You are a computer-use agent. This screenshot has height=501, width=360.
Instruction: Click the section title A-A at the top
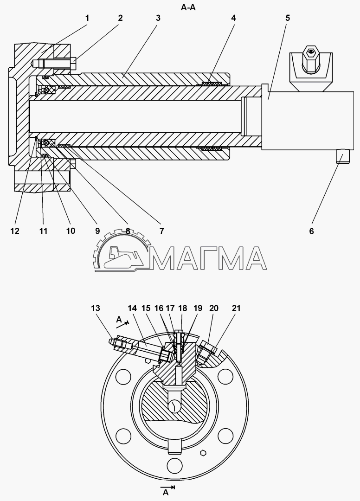tap(188, 7)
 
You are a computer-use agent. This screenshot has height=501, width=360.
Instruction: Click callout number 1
tap(87, 18)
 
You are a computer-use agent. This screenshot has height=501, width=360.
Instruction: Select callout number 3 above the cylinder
tap(158, 18)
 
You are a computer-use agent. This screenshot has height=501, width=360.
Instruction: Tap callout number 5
tap(288, 18)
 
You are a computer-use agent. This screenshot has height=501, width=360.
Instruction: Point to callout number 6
tap(311, 231)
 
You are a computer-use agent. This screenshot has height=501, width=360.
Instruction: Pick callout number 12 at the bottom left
tap(15, 231)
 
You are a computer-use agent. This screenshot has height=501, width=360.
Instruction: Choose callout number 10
tap(71, 231)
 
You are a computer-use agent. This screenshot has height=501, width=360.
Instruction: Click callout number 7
tap(161, 231)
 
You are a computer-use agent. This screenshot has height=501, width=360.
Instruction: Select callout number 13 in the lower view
tap(96, 308)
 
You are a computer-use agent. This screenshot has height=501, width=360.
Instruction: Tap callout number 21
tap(237, 308)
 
